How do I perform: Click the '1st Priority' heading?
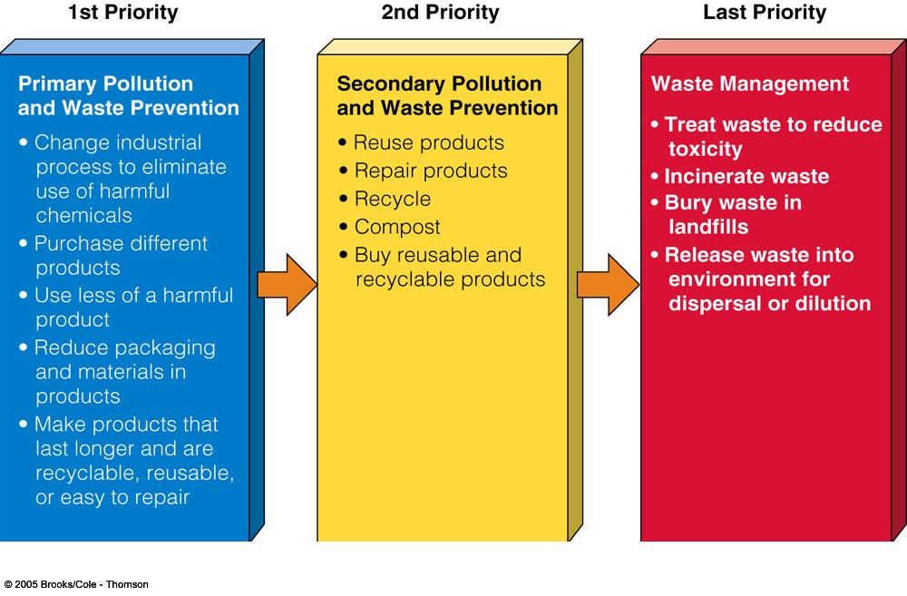(122, 12)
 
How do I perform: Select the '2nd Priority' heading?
(440, 12)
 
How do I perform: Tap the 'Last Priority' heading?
(764, 12)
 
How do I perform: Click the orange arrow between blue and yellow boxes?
(287, 285)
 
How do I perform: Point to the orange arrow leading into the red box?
(608, 285)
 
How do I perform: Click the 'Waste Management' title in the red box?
(750, 83)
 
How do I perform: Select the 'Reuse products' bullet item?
(429, 142)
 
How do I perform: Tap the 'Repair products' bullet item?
(430, 171)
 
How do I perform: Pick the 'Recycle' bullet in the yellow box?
(392, 199)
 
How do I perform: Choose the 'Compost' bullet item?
(397, 227)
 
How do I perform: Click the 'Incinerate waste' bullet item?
(746, 176)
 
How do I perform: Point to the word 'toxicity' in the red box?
(705, 150)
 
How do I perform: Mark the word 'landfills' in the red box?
(708, 227)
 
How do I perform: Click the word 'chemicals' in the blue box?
(83, 215)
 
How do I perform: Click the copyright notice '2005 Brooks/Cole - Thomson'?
(81, 584)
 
